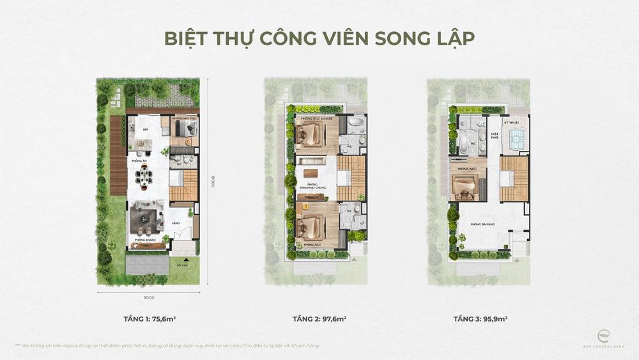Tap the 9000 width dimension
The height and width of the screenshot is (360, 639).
[148, 297]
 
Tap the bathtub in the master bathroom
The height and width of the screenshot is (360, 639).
[355, 121]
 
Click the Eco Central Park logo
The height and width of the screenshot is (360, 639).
[604, 336]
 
